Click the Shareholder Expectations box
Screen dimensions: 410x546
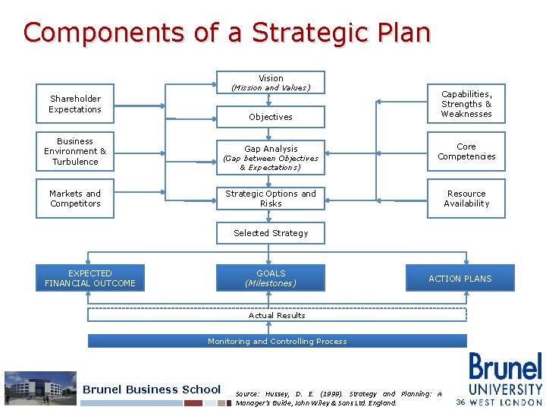coord(75,104)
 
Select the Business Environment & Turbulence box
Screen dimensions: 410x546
coord(75,151)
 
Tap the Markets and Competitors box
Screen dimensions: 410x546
coord(75,199)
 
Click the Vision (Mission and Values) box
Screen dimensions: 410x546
coord(271,82)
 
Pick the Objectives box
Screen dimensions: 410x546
coord(271,117)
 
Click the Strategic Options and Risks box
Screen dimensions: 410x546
coord(271,198)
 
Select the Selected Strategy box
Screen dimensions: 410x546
coord(271,233)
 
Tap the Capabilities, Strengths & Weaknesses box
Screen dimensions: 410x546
coord(466,104)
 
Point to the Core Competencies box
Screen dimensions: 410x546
coord(466,151)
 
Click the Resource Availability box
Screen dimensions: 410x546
coord(466,199)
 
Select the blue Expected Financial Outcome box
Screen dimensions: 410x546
coord(89,278)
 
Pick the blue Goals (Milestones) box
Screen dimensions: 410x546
coord(271,278)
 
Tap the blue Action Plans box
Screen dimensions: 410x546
coord(460,278)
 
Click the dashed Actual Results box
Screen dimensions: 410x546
coord(277,315)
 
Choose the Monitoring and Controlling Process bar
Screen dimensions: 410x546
coord(277,341)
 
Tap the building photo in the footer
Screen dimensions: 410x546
coord(40,388)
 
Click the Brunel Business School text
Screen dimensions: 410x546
coord(152,389)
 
